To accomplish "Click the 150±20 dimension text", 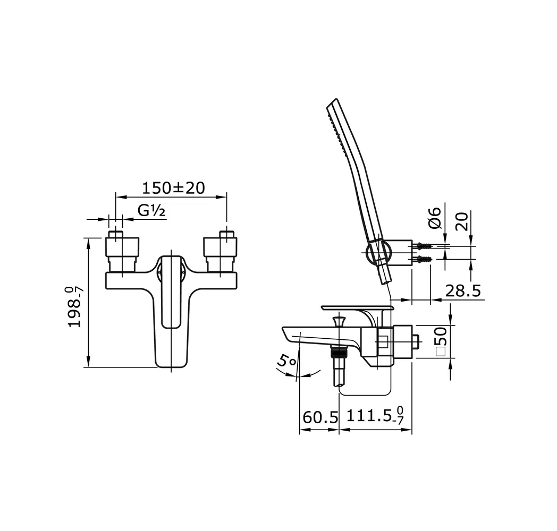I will [x=173, y=188].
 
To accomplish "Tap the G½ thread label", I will [x=151, y=211].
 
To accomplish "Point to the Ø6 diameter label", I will [x=434, y=218].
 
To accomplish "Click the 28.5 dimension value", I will [x=462, y=290].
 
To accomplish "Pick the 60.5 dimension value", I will [x=320, y=417].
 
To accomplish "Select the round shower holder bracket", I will [x=378, y=252].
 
